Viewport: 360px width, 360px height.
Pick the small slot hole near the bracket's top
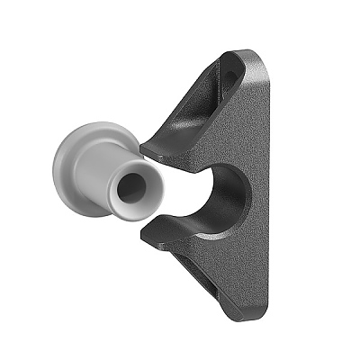click(x=231, y=77)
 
